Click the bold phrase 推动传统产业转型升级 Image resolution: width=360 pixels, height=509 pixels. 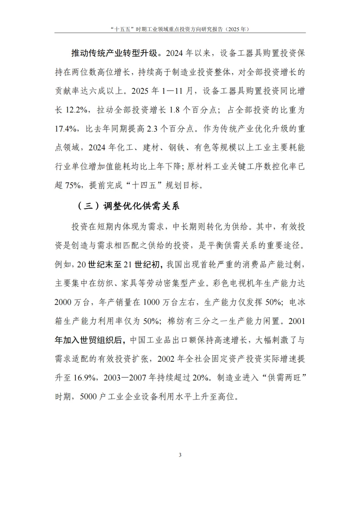click(x=114, y=53)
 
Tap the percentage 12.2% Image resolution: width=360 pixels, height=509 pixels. click(x=76, y=110)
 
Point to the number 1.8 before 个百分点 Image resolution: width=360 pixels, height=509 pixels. click(x=175, y=110)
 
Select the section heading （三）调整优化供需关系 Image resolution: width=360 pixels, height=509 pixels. click(x=128, y=206)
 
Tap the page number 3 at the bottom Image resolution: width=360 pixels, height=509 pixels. click(x=180, y=455)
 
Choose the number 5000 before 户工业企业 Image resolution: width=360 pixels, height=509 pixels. click(x=88, y=397)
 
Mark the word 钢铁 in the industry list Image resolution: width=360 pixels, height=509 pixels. click(x=177, y=148)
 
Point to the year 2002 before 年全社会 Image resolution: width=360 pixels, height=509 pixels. click(x=166, y=359)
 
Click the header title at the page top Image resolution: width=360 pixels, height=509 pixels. click(x=180, y=29)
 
